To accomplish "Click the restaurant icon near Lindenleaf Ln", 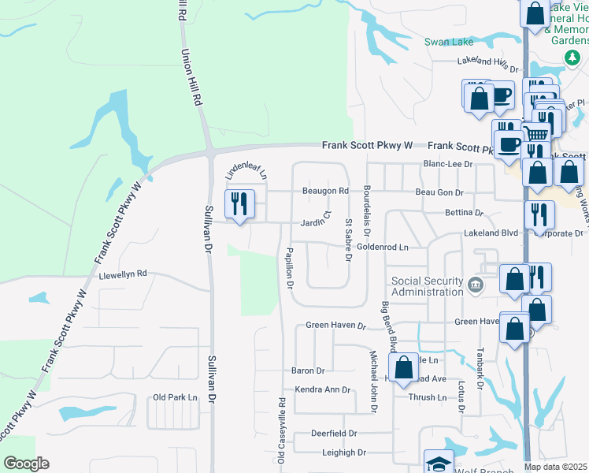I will coord(239,204).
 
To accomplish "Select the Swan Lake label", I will coord(446,42).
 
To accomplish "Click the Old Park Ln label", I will coord(175,397).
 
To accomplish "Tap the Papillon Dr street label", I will coord(290,267).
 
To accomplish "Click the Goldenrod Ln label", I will coord(383,247).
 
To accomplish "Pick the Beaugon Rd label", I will coord(325,191).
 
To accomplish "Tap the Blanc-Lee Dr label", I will coord(446,164).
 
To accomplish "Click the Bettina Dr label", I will coord(463,213).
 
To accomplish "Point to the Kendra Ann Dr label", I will coord(322,389).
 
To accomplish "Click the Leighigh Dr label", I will coord(344,453).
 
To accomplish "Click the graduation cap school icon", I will coord(439,463).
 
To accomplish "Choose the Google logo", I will coord(26,463).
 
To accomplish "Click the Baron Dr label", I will coord(309,371).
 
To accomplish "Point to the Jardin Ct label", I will coord(317,223).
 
